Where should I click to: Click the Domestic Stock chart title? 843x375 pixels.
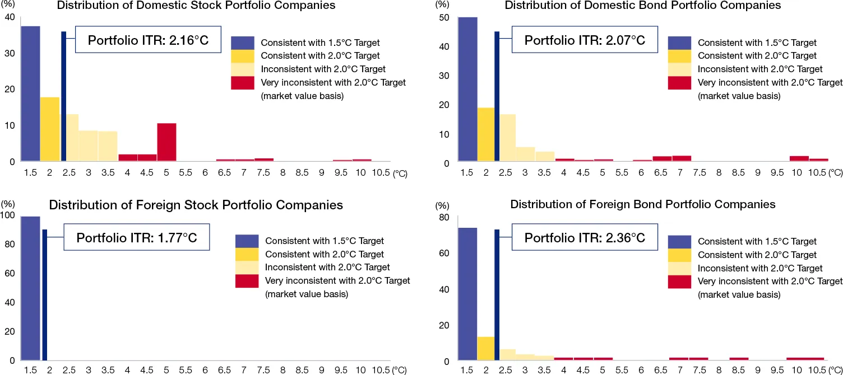pos(196,6)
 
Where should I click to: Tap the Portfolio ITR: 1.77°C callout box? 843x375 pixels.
pos(136,237)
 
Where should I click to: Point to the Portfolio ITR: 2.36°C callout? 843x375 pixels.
pos(585,237)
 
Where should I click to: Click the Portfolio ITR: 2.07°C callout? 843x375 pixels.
pos(585,40)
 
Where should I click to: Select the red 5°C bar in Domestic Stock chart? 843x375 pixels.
pos(166,142)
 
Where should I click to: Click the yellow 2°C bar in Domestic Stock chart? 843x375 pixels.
pos(50,129)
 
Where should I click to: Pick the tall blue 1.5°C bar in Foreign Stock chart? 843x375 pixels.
pos(30,288)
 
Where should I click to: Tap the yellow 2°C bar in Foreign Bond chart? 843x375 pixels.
pos(485,349)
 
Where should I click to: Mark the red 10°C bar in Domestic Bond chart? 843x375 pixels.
pos(799,159)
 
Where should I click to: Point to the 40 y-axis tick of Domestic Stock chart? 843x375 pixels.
pos(10,17)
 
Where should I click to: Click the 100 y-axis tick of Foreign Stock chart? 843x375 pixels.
pos(8,215)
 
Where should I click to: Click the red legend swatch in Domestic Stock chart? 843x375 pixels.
pos(244,83)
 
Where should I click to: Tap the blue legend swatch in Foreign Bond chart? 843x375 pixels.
pos(680,241)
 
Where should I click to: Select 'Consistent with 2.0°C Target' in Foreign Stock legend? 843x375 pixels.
pos(324,254)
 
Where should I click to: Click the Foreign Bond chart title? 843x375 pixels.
pos(642,204)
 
